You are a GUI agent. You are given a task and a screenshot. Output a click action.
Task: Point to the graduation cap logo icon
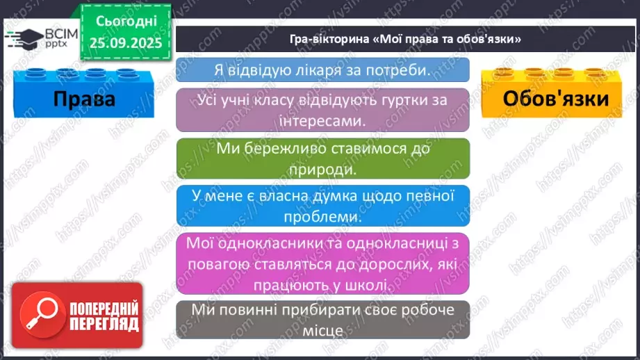(x=19, y=37)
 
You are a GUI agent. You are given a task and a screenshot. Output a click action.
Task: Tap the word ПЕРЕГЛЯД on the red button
(x=104, y=323)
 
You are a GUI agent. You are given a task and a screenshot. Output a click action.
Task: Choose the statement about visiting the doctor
(x=322, y=70)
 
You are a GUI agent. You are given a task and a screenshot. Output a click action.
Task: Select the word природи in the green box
(x=322, y=169)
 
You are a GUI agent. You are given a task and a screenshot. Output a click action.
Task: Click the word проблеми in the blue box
(x=322, y=217)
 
